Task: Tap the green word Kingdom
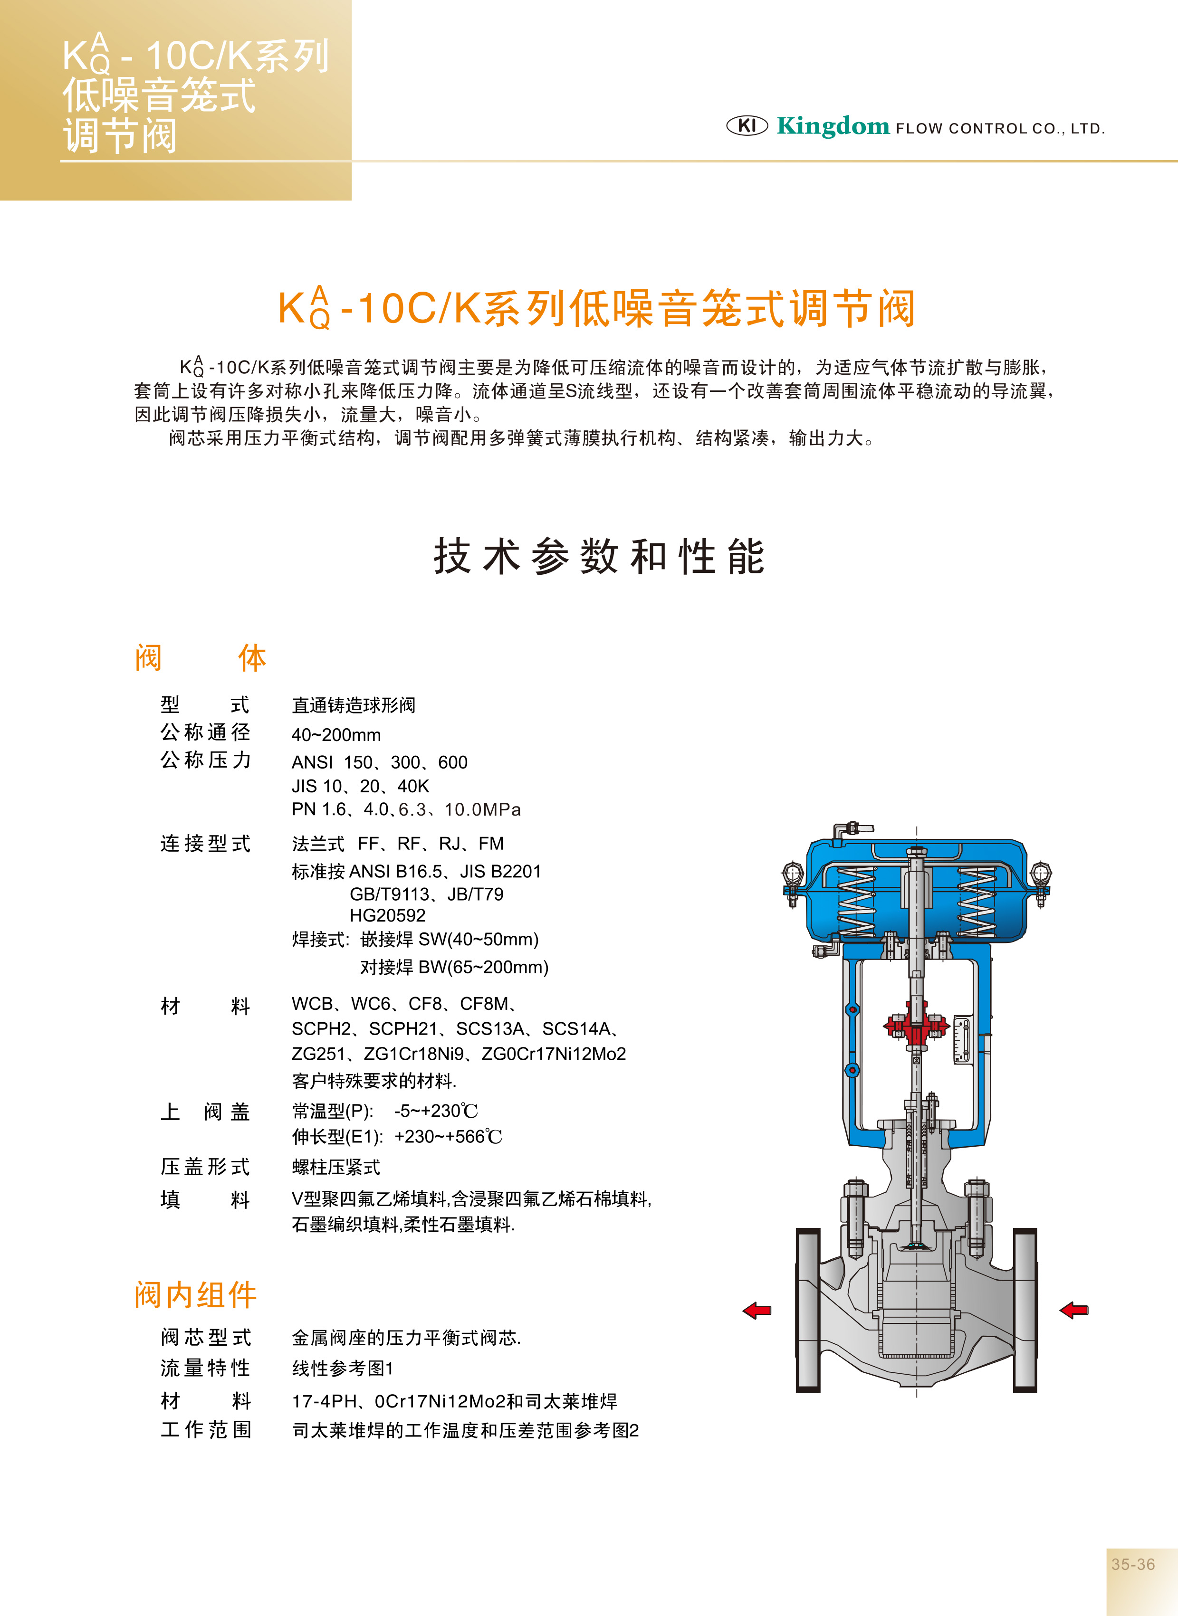coord(833,126)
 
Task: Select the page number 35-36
coord(1132,1564)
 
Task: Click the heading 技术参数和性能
coord(599,557)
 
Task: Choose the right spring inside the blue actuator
coord(976,902)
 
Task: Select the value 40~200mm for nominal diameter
coord(336,735)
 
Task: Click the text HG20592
coord(387,915)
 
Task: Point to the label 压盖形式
coord(205,1167)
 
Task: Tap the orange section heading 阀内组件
coord(195,1294)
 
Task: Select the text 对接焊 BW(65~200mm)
coord(454,967)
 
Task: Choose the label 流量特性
coord(205,1368)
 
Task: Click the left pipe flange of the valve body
coord(808,1310)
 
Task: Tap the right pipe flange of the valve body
coord(1025,1310)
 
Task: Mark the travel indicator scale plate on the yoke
coord(962,1041)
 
